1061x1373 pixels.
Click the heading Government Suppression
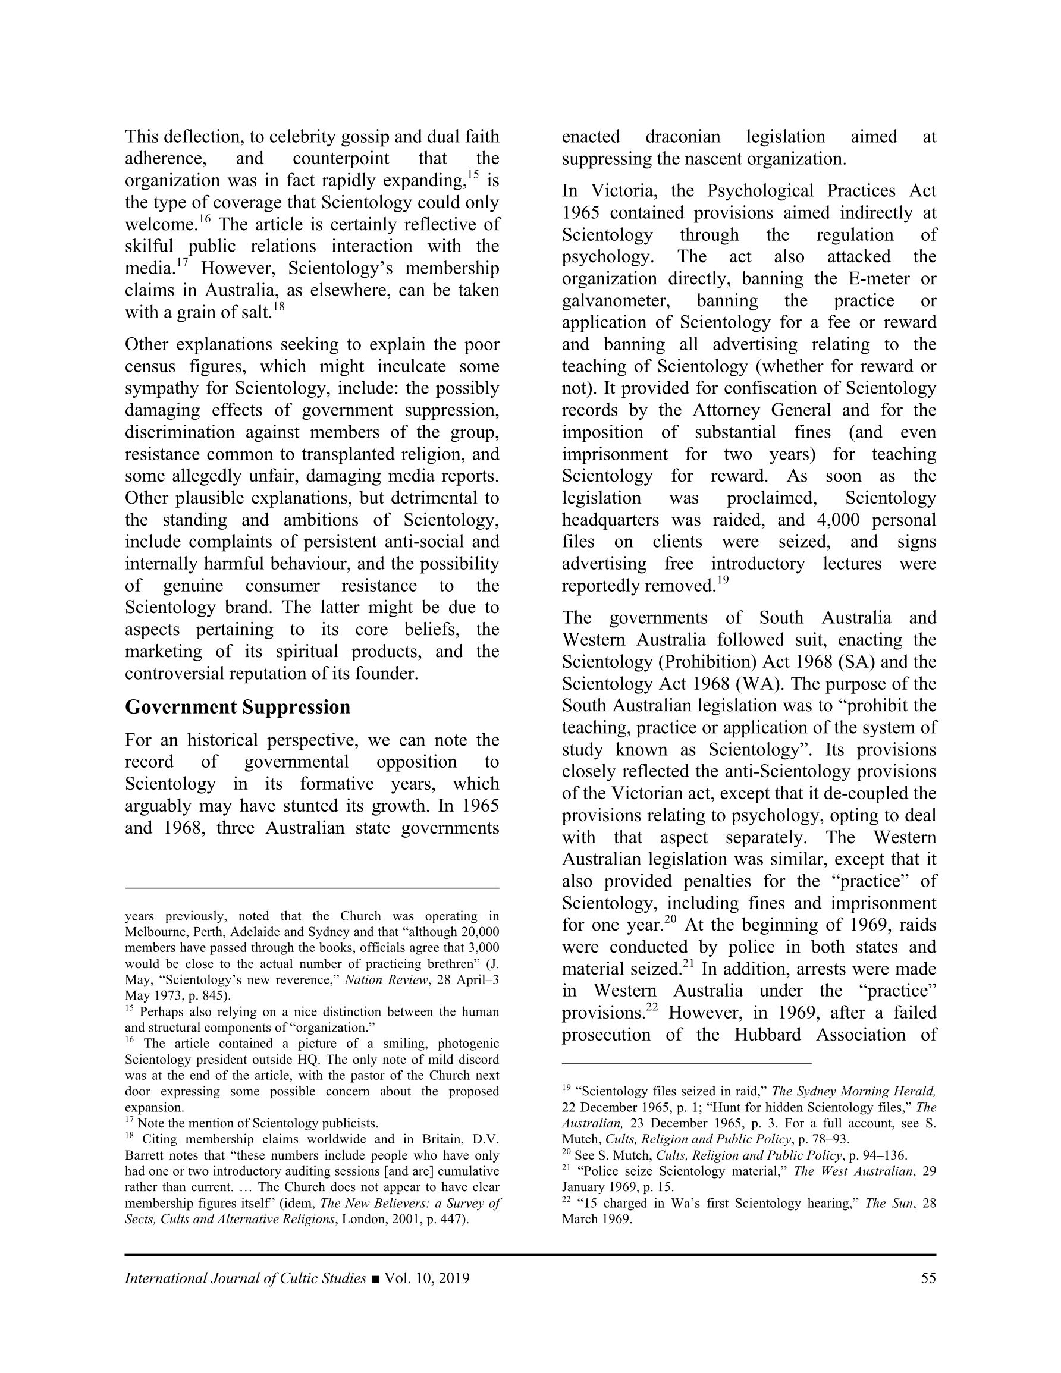coord(237,706)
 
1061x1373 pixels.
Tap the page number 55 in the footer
coord(928,1278)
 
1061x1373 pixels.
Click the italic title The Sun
coord(887,1204)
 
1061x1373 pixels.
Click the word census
coord(150,366)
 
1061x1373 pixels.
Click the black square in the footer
coord(375,1278)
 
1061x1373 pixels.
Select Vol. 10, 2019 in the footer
coord(427,1278)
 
